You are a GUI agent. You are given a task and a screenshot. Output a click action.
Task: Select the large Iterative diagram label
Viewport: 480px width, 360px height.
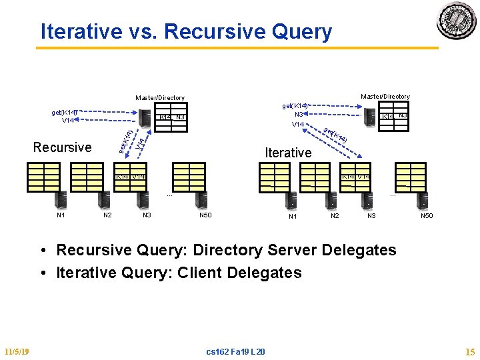[288, 153]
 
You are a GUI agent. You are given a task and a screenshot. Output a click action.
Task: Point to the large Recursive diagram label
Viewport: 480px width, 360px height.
[62, 147]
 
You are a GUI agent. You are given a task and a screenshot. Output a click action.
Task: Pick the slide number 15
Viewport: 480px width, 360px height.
[469, 351]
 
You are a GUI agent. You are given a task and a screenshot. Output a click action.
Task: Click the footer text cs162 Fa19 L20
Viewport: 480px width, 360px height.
[235, 351]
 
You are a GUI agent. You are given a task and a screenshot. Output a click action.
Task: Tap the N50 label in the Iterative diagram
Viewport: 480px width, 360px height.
[426, 216]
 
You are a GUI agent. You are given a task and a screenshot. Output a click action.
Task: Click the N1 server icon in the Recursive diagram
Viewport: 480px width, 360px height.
[61, 199]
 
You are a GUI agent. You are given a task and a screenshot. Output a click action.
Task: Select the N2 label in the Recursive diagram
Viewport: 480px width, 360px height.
[107, 215]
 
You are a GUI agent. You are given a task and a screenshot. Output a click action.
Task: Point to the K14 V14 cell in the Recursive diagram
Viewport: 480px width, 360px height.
[130, 177]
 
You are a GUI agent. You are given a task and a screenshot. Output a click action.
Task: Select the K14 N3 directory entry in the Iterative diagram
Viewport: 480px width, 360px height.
[394, 116]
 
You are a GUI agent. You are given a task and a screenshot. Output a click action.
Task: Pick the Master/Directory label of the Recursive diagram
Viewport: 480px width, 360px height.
[159, 98]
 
